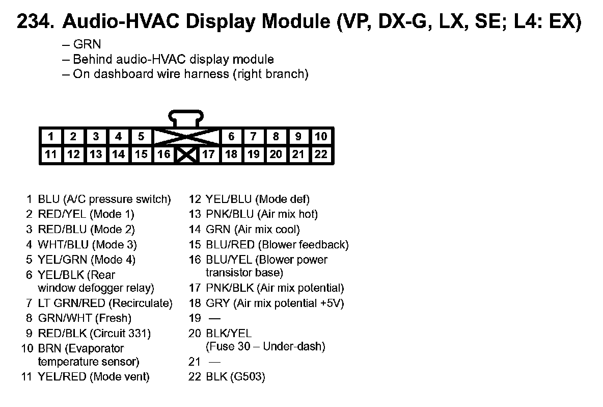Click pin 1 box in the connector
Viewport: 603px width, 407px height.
[51, 136]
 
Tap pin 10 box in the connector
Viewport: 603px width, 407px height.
[321, 136]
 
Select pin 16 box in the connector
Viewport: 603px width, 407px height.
[164, 154]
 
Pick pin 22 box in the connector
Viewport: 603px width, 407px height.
[321, 154]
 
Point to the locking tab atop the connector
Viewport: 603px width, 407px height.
[186, 118]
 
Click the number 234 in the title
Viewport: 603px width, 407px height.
[35, 22]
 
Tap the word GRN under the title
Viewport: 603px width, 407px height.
[87, 44]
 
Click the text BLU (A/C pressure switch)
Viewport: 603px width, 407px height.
[104, 199]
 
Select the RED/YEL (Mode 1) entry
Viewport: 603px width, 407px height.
[86, 214]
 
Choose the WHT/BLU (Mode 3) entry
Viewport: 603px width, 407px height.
[87, 245]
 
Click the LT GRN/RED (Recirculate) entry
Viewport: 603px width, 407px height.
[105, 303]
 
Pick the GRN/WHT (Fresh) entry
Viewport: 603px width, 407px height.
[85, 318]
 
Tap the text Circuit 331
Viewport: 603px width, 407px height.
[122, 334]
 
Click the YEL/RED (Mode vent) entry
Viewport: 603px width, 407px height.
[94, 377]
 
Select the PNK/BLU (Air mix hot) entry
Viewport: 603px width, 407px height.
[262, 214]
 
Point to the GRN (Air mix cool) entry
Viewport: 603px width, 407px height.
[253, 230]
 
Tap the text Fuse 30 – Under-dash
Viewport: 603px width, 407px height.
[265, 347]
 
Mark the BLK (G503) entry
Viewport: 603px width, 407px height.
[235, 377]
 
